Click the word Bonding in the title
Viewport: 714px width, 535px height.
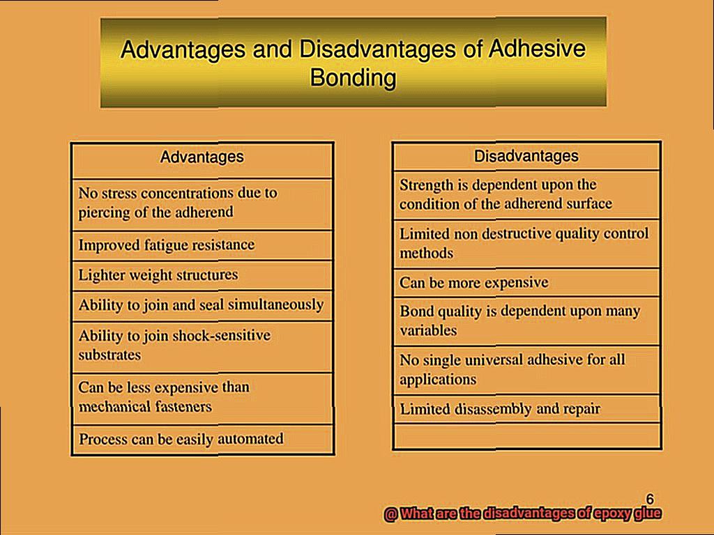pos(353,78)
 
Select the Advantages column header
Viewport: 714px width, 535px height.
pos(202,157)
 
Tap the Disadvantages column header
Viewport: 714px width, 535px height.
pos(526,156)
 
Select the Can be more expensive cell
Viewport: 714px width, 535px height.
pos(526,283)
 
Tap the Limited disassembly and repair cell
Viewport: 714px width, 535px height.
pos(526,409)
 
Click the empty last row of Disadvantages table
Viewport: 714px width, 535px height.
pos(526,436)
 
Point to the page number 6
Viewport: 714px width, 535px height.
pos(650,499)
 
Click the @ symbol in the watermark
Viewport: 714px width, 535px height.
pos(390,513)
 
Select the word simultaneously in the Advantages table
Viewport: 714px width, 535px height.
pos(275,304)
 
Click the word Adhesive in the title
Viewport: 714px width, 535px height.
pos(537,49)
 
